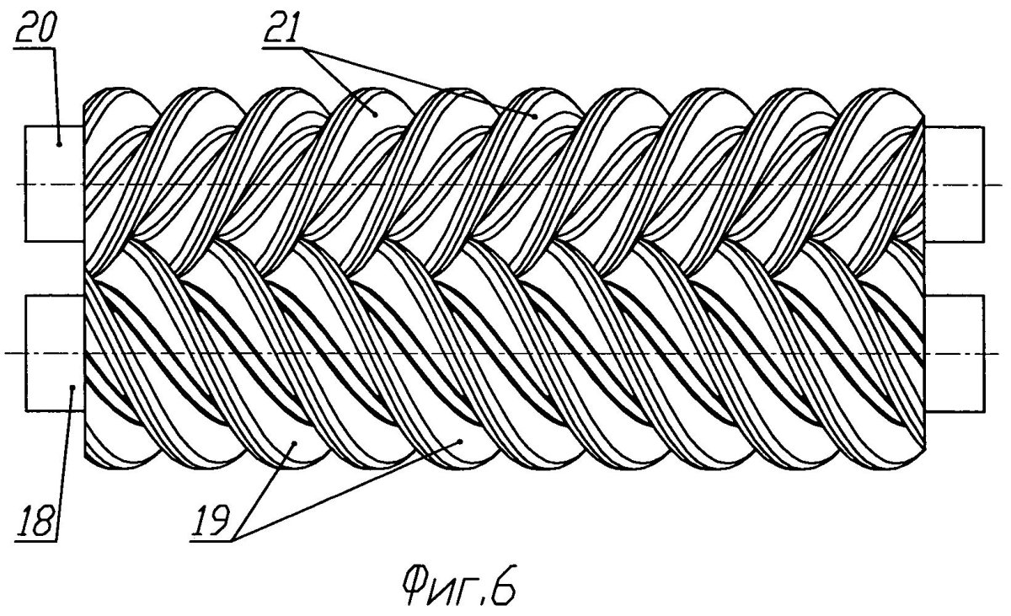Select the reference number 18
coord(37,522)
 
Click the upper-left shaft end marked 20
coord(55,184)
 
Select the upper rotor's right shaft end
coord(954,184)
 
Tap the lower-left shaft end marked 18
coord(55,353)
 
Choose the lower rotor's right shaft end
coord(954,353)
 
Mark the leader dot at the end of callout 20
coord(59,144)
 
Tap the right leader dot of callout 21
coord(535,116)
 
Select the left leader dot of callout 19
coord(294,443)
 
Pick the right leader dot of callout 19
coord(460,441)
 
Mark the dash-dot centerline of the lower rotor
coord(505,353)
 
